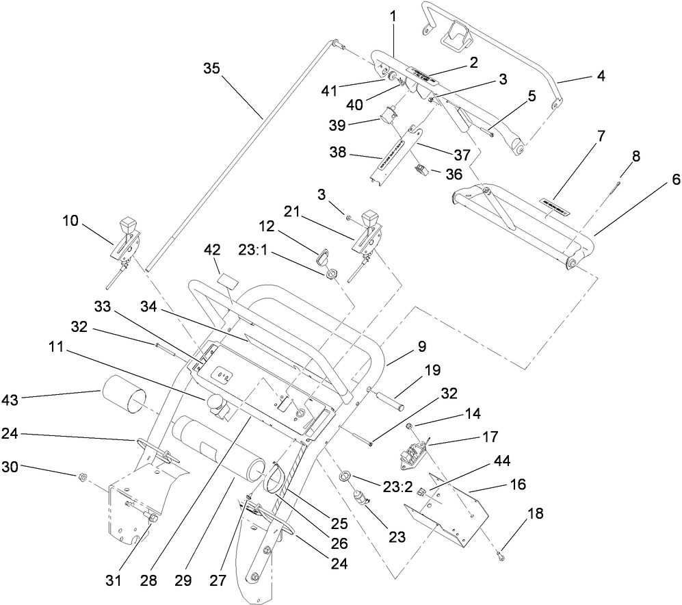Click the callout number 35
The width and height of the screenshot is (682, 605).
tap(213, 68)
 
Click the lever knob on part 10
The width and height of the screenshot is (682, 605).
tap(127, 224)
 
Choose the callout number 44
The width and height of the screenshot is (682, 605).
tap(502, 461)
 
